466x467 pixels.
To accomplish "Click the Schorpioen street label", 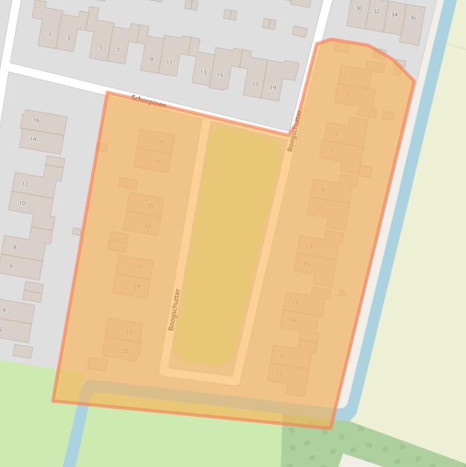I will [x=148, y=101].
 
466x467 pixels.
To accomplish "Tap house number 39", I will [x=161, y=142].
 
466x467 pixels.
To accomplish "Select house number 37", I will [x=158, y=162].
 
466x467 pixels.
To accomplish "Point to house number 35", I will [x=150, y=206].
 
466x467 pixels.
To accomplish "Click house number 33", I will [x=147, y=226].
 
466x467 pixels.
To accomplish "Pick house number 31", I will [x=140, y=267].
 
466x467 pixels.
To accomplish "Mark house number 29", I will [x=136, y=286].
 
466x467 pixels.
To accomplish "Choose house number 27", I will [x=128, y=332].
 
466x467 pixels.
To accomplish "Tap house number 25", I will [x=125, y=351].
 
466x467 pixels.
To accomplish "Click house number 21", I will [x=282, y=355].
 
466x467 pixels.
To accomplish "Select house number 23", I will [x=279, y=374].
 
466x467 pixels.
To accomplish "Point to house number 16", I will [x=36, y=120].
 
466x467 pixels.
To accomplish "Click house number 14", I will [x=33, y=139].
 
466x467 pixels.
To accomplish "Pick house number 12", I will [x=25, y=184].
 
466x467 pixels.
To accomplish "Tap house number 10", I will [x=22, y=203].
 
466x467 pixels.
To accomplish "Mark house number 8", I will [x=15, y=247].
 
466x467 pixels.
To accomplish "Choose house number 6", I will [x=11, y=266].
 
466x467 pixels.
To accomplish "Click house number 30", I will [x=359, y=8].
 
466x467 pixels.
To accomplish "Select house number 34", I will [x=394, y=15].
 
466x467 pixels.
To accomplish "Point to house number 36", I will [x=413, y=18].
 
